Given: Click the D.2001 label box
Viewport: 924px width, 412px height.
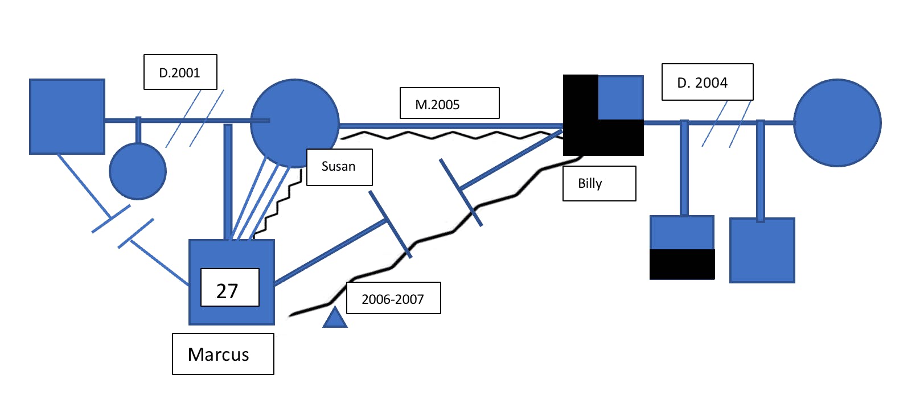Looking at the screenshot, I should point(180,72).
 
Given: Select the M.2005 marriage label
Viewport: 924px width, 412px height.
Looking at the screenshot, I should point(449,104).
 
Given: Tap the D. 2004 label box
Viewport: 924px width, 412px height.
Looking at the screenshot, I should point(707,83).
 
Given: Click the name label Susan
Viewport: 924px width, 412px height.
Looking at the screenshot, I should point(339,167).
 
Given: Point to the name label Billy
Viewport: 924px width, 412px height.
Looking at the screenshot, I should point(599,183).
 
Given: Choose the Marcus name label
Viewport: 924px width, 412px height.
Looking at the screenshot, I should point(223,354).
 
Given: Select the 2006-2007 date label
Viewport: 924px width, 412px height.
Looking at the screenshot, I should point(393,298).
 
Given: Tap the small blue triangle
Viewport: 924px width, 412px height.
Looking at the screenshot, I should point(335,319).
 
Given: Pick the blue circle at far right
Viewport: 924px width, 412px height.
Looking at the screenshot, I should point(837,123).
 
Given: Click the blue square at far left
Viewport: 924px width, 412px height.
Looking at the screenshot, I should point(67,117).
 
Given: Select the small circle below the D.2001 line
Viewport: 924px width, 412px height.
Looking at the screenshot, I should point(138,171).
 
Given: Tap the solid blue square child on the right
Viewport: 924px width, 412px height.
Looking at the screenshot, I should point(762,250).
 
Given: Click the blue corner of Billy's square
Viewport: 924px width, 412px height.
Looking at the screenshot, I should point(621,97).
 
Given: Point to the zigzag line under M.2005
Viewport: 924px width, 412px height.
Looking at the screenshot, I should point(450,135).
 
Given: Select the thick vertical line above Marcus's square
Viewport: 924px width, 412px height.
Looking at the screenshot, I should point(228,182).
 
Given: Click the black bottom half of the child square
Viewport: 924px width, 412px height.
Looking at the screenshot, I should point(682,265).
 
